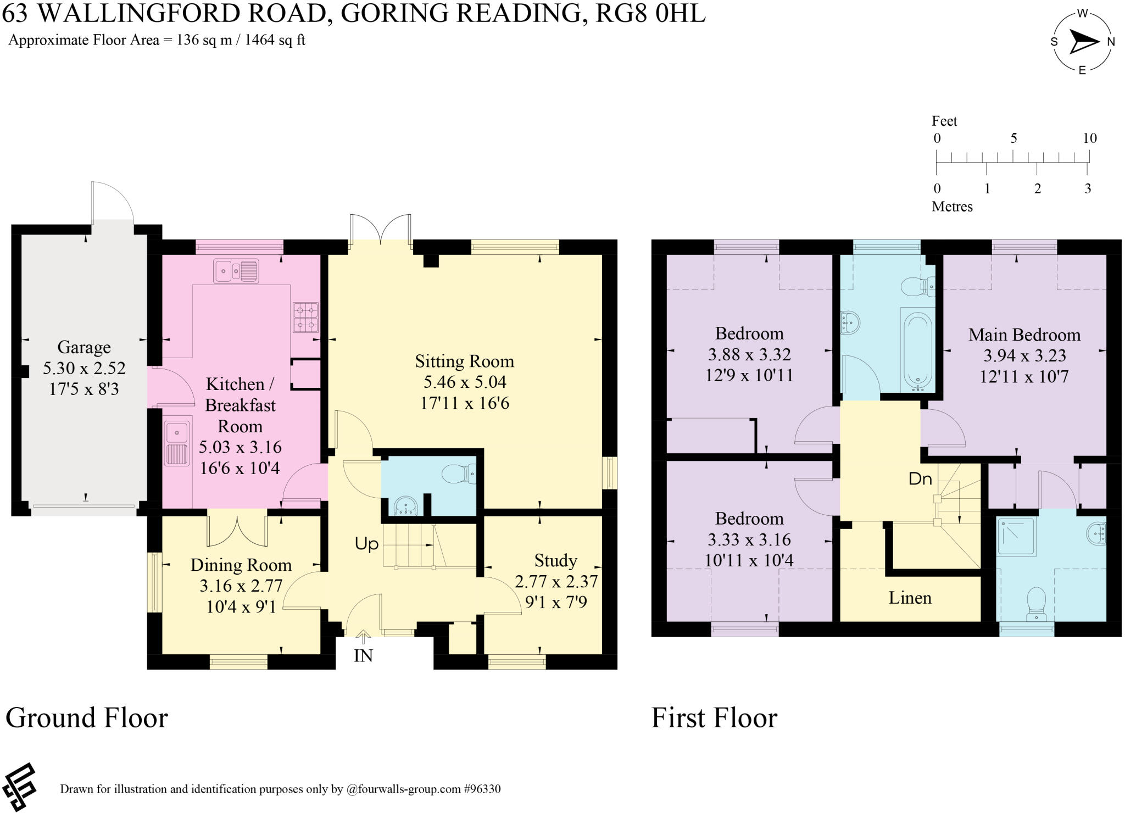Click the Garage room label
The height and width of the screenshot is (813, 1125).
point(84,348)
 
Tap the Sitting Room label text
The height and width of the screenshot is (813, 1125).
point(465,361)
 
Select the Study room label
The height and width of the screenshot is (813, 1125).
point(555,561)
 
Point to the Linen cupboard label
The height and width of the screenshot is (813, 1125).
point(910,598)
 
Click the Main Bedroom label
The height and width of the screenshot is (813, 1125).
point(1024,335)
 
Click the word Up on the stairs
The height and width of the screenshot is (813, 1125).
point(366,544)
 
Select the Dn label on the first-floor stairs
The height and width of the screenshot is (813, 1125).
point(920,479)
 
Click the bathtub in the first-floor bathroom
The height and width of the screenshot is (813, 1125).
point(917,350)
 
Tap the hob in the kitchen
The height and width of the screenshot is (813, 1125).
point(305,318)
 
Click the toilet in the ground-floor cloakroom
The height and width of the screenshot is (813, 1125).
point(459,474)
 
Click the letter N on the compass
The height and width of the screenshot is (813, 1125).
point(1111,42)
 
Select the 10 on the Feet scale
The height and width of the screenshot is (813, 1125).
point(1090,138)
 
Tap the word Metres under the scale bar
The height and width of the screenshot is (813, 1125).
point(952,207)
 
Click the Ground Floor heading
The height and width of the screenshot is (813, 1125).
point(87,718)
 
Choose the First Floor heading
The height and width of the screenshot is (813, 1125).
point(714,718)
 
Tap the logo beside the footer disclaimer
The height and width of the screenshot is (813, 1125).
point(19,787)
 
